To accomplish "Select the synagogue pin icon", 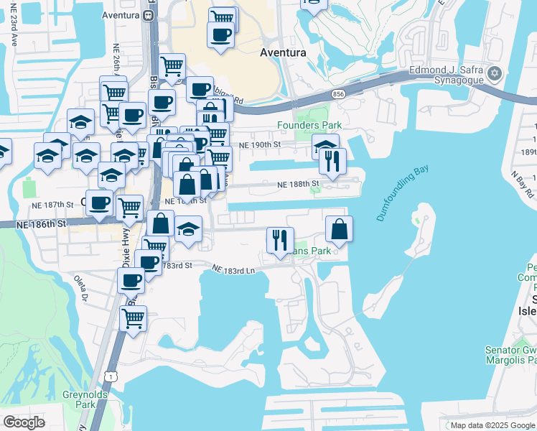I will point(494,73).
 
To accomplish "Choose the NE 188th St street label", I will point(299,185).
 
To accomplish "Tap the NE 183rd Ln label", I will point(233,269).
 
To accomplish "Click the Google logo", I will point(24,422).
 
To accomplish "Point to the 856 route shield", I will point(337,93).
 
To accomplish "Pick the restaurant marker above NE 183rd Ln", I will point(280,240).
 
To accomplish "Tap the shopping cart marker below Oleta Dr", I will point(133,318).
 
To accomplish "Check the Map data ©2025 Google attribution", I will point(492,425).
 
